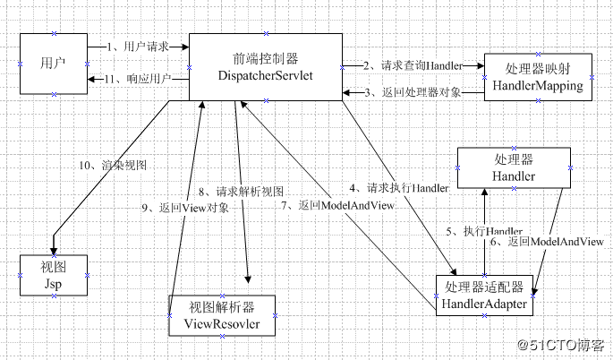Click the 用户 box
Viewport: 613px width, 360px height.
(x=53, y=62)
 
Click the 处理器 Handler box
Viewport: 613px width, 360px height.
(x=513, y=167)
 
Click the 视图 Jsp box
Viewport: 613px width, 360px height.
(x=53, y=274)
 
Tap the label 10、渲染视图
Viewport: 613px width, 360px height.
(x=111, y=165)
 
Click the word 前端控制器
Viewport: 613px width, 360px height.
(x=266, y=57)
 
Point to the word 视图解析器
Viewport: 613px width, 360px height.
(x=220, y=306)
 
